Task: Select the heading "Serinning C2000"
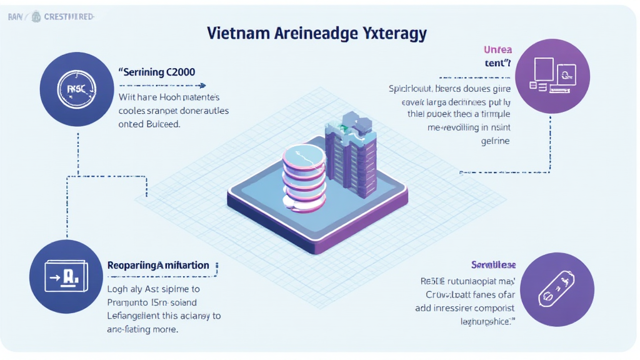[x=157, y=72]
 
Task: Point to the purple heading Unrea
[x=497, y=49]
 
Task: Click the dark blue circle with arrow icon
[x=66, y=275]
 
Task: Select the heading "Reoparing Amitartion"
[x=158, y=266]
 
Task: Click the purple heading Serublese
[x=493, y=265]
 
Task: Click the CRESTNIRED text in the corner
[x=69, y=17]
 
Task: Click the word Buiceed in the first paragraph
[x=163, y=124]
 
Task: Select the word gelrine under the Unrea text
[x=497, y=141]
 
